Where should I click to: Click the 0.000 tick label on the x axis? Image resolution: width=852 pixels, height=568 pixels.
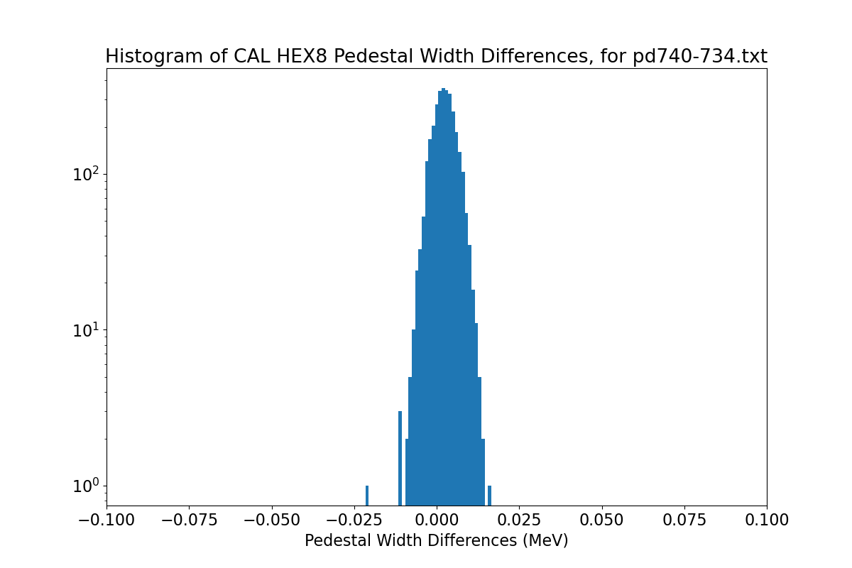[437, 520]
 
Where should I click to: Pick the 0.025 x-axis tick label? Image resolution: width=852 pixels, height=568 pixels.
[519, 520]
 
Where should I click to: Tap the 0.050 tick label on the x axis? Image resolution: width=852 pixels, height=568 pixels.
[602, 520]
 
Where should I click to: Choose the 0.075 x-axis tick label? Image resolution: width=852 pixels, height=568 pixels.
[684, 520]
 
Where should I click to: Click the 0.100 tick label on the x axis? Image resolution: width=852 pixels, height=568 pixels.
[767, 520]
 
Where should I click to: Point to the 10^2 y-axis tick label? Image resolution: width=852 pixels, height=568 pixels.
[87, 173]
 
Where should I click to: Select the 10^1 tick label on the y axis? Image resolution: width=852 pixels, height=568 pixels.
[87, 329]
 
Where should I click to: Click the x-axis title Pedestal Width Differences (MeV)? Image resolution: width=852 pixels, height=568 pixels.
[436, 541]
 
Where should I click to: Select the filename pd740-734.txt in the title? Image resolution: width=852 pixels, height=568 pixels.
[699, 57]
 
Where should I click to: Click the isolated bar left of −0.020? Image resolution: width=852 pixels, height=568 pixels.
[367, 495]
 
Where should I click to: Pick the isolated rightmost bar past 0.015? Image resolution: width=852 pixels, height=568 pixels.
[489, 495]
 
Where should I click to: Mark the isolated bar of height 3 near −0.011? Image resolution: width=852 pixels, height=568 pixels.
[400, 458]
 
